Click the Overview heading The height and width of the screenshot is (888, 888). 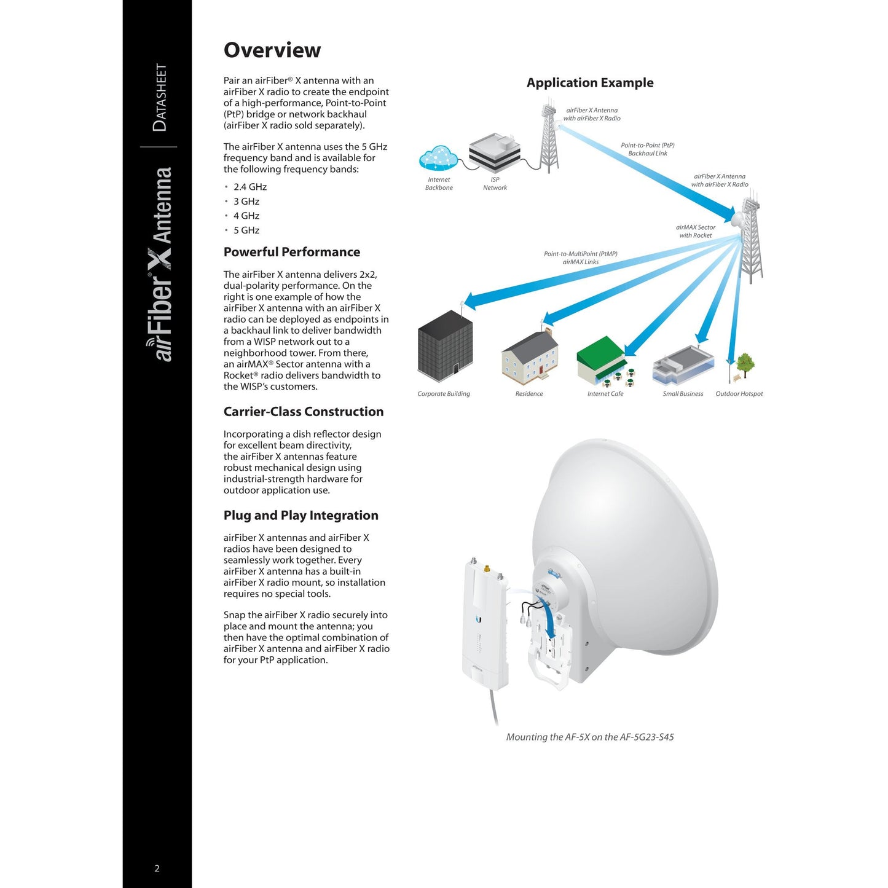point(272,50)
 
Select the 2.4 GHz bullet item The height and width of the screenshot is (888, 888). point(250,187)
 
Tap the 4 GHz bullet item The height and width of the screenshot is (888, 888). point(246,216)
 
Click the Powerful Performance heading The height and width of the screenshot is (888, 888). point(291,252)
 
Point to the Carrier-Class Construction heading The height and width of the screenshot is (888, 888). point(303,412)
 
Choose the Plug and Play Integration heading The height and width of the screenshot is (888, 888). point(301,516)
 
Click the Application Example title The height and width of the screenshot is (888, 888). point(589,83)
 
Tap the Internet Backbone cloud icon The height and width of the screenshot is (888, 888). point(438,159)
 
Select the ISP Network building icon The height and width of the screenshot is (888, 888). point(495,152)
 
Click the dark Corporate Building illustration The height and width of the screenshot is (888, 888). point(445,346)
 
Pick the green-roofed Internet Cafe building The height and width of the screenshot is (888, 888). point(601,360)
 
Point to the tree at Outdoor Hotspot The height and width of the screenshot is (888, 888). point(745,364)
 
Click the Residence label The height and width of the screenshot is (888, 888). point(528,394)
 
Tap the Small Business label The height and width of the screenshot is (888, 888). point(683,394)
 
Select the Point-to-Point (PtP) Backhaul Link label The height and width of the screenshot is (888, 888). point(647,149)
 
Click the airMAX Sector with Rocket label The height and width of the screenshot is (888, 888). point(695,231)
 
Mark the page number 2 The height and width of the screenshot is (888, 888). point(157,868)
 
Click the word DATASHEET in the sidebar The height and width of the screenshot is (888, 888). point(160,97)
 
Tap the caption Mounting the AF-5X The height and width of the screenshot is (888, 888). point(589,737)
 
